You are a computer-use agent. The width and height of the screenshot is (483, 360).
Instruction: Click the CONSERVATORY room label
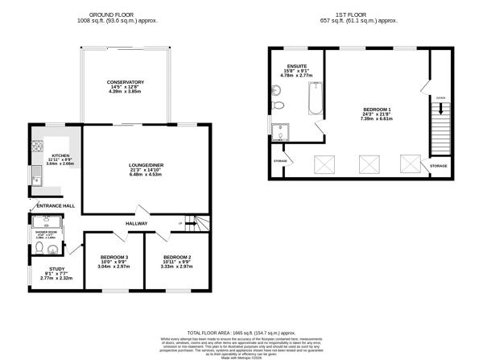[125, 82]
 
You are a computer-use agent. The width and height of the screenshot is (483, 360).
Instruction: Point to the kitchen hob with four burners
[35, 147]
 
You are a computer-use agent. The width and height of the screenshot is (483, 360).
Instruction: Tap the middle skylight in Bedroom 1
[369, 164]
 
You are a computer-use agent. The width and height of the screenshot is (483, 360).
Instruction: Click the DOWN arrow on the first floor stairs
[440, 99]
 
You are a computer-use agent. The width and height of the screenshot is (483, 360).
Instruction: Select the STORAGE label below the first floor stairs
[438, 165]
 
